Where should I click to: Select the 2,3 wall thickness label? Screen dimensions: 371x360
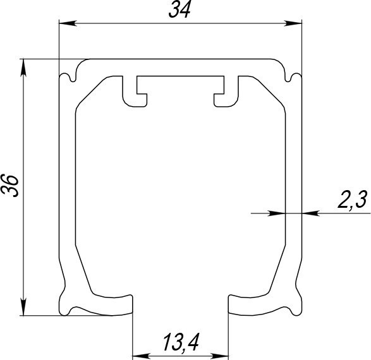pyautogui.click(x=353, y=200)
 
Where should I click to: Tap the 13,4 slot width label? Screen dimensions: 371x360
pyautogui.click(x=181, y=342)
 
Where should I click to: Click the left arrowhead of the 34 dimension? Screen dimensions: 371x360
pyautogui.click(x=68, y=23)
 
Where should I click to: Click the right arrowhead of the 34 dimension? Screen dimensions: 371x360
pyautogui.click(x=293, y=23)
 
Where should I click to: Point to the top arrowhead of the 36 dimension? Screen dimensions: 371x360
pyautogui.click(x=23, y=68)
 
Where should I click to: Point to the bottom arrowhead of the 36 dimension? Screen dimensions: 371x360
pyautogui.click(x=23, y=306)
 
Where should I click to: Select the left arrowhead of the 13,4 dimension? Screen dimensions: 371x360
pyautogui.click(x=141, y=356)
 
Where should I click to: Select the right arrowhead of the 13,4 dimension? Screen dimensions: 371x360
pyautogui.click(x=219, y=356)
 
